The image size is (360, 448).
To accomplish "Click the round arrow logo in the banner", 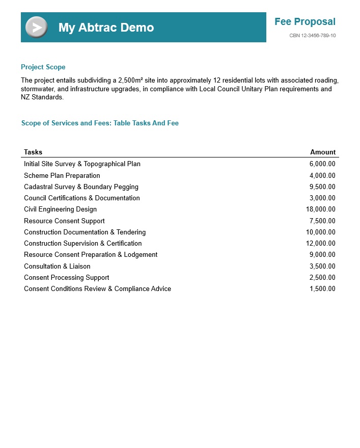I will tap(36, 27).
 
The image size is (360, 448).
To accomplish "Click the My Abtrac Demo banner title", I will tap(106, 28).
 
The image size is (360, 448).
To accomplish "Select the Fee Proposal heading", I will tap(304, 21).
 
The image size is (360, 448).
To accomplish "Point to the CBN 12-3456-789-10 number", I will tap(312, 36).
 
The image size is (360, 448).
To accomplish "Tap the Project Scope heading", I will tap(43, 67).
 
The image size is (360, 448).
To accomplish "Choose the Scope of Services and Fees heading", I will tap(100, 123).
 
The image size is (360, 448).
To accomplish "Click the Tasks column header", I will tap(33, 152).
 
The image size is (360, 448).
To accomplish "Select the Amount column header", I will tap(323, 152).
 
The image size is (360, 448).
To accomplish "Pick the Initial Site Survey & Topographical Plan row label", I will tap(82, 164).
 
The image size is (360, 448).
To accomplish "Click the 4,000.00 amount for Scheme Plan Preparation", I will tap(322, 176).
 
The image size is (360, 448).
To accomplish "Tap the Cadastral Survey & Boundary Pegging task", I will tap(81, 187).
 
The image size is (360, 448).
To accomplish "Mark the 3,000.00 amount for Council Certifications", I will tap(322, 198).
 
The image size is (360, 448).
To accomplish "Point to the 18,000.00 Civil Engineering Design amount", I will tap(320, 209).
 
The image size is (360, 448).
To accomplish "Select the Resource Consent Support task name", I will tap(64, 221).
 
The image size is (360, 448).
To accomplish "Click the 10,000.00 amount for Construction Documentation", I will tap(320, 232).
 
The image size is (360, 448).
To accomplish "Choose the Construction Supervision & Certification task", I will tap(82, 244).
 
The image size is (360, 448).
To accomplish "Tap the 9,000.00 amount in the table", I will tap(322, 255).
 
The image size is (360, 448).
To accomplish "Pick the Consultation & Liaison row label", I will tap(57, 266).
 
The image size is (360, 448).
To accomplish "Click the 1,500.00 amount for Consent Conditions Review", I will tap(322, 289).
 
